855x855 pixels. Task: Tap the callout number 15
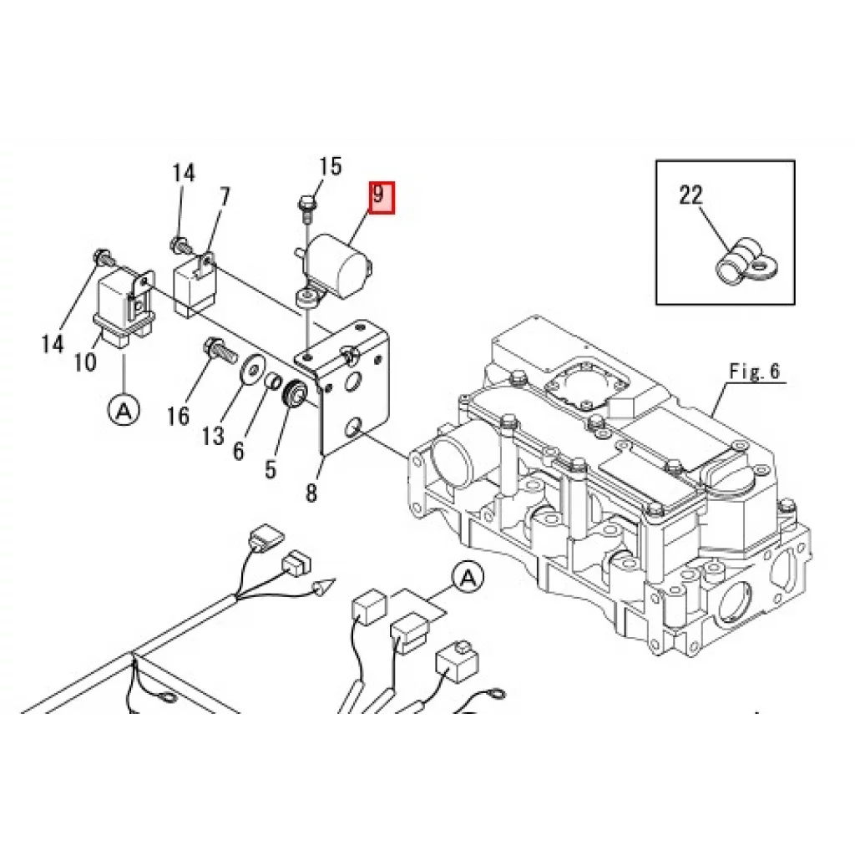(330, 166)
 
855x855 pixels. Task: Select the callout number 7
(224, 197)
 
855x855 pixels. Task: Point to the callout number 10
(85, 362)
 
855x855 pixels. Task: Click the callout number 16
(178, 416)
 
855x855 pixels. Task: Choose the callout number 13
(213, 436)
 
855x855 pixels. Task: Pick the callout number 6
(238, 451)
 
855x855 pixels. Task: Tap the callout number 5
(271, 469)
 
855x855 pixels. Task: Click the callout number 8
(311, 493)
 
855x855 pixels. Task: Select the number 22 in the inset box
(691, 195)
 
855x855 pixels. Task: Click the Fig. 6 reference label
(755, 372)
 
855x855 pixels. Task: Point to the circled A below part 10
(124, 410)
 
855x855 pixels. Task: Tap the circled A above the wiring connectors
(468, 577)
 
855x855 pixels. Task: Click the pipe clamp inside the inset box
(746, 263)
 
